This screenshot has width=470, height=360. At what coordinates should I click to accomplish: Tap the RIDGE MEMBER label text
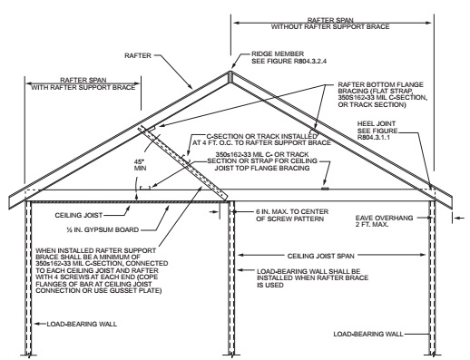(278, 54)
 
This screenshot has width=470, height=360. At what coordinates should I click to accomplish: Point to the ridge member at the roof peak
(230, 76)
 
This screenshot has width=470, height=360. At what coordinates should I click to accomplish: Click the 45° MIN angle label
(140, 164)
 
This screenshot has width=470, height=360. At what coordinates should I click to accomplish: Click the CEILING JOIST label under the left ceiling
(79, 215)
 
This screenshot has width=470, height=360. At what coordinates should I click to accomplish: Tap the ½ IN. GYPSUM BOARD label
(103, 229)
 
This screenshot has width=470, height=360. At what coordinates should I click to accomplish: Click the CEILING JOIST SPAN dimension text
(320, 256)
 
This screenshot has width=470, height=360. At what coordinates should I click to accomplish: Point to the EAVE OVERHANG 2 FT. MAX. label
(384, 221)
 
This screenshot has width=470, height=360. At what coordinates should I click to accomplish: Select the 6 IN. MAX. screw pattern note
(292, 215)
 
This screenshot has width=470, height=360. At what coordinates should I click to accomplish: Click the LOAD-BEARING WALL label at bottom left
(82, 324)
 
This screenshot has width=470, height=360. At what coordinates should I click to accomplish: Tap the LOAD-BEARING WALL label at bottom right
(368, 334)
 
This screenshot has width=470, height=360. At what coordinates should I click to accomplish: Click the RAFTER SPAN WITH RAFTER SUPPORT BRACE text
(83, 83)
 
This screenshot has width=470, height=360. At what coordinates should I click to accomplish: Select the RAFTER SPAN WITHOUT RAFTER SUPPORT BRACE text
(330, 24)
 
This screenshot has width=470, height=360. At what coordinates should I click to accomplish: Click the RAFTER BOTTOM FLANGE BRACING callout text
(383, 94)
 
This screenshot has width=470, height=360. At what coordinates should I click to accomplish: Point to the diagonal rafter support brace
(182, 163)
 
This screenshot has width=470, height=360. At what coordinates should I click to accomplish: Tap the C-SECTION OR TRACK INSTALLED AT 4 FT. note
(261, 140)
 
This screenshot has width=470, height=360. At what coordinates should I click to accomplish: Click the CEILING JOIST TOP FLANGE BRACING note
(262, 161)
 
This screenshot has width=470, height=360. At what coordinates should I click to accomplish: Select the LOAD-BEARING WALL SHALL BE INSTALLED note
(312, 278)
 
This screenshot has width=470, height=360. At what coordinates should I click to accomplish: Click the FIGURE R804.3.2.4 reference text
(289, 61)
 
